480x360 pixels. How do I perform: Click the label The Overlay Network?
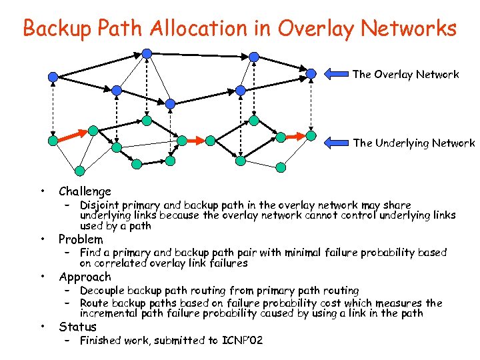coord(405,74)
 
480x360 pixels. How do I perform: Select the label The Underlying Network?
coord(413,143)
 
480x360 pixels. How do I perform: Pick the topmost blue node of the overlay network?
coord(147,53)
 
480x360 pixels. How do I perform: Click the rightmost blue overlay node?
coord(311,73)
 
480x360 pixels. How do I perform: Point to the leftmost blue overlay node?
coord(53,78)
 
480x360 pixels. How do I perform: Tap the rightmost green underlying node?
coord(311,135)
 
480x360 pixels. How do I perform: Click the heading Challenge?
coord(85,191)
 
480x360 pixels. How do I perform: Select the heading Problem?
coord(81,239)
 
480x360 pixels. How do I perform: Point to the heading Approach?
coord(85,277)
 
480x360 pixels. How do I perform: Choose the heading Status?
coord(77,327)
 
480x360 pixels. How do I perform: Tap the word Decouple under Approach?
coord(102,291)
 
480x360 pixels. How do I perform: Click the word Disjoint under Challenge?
coord(100,205)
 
